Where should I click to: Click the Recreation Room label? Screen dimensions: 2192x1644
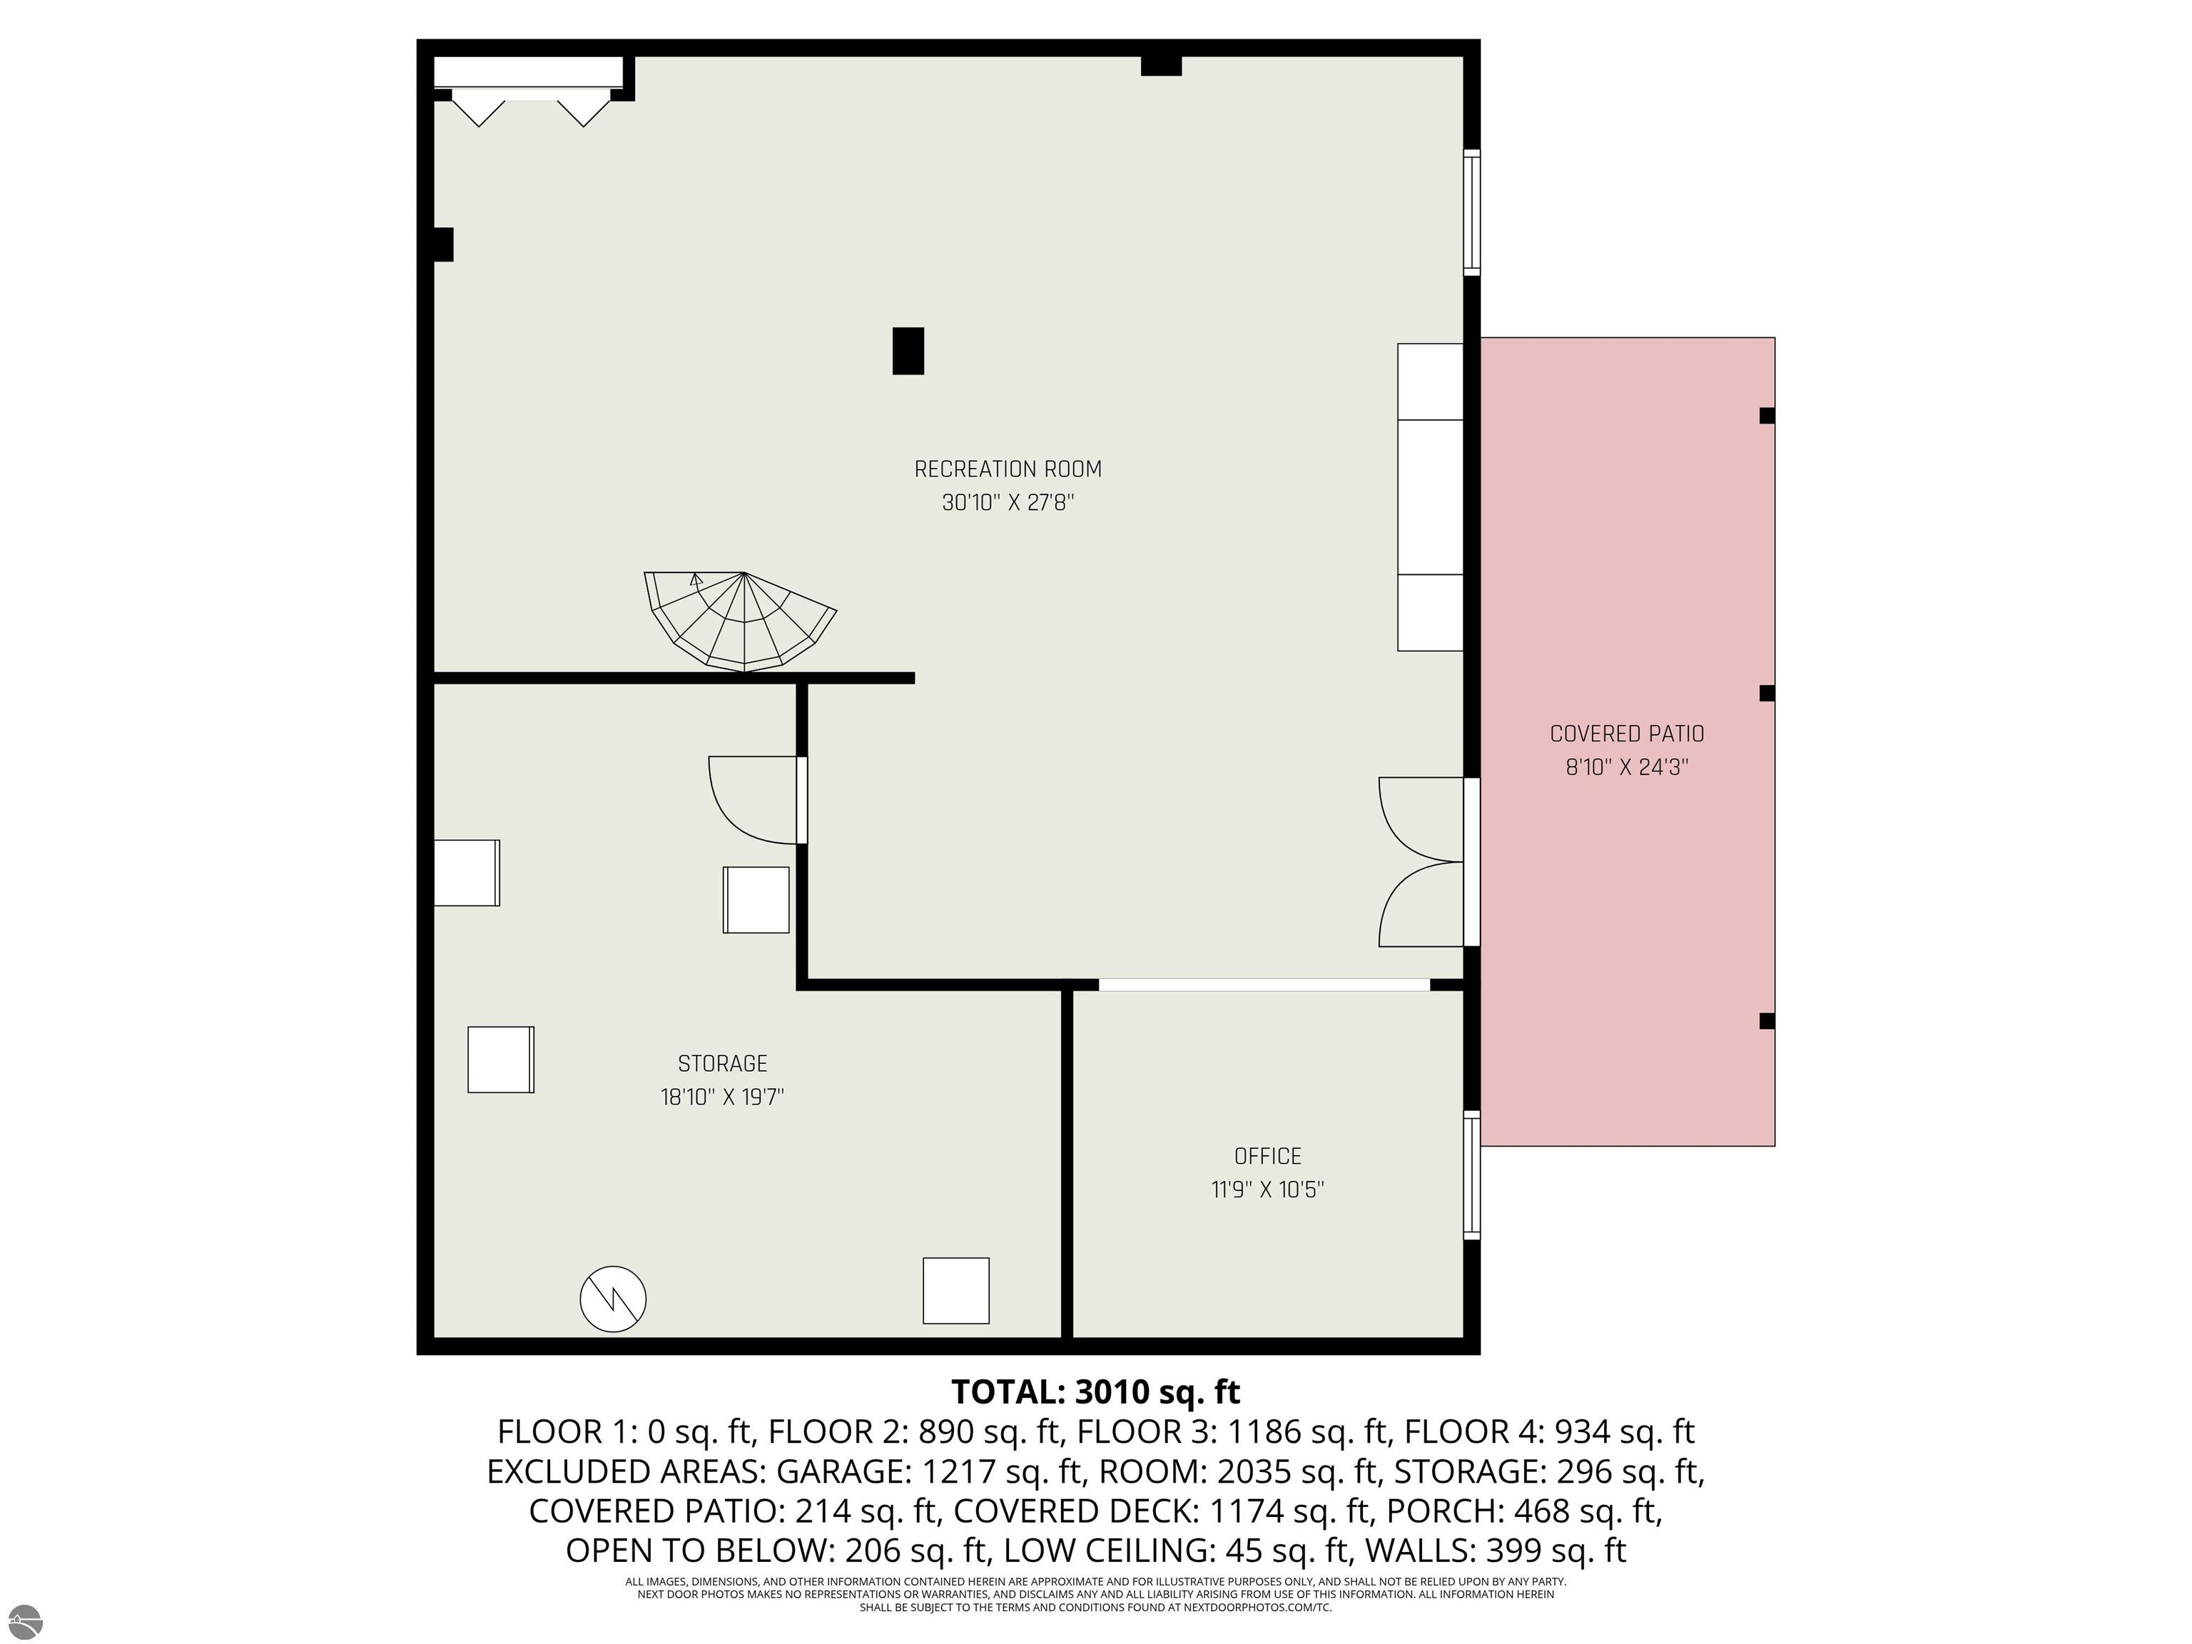click(1007, 469)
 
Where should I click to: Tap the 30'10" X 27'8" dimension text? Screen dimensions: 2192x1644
click(1007, 502)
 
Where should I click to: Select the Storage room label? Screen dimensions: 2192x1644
click(722, 1063)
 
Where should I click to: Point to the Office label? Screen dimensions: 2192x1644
click(1267, 1155)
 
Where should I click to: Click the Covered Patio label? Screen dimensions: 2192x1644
click(1626, 734)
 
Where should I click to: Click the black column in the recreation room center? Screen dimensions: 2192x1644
click(908, 351)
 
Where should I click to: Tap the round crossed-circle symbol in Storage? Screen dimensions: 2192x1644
click(614, 1298)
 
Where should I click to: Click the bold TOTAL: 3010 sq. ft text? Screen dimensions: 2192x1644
click(1095, 1391)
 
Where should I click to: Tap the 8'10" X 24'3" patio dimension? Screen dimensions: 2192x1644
click(1626, 767)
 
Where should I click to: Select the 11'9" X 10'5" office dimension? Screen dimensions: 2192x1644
click(1267, 1189)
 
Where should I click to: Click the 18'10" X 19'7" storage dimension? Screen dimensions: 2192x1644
click(722, 1097)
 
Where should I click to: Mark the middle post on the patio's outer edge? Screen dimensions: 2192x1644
click(1767, 694)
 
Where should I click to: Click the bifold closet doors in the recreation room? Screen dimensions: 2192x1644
click(531, 108)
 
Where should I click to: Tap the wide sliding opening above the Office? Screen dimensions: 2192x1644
click(1264, 985)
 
